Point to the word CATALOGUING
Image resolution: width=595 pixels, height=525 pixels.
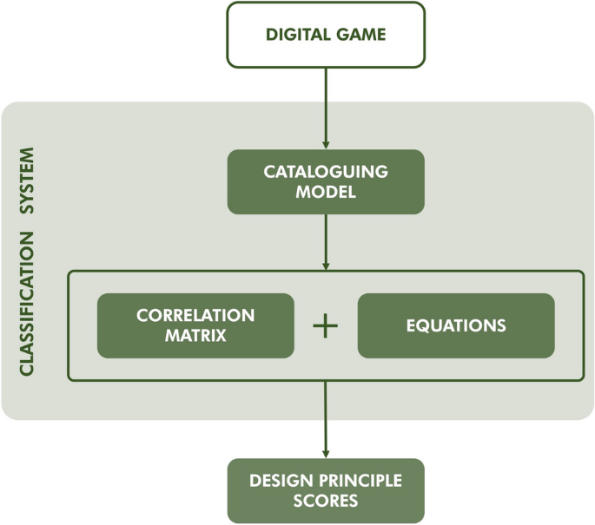326,172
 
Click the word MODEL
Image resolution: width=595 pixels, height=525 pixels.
326,193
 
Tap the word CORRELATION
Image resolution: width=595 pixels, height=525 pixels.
195,315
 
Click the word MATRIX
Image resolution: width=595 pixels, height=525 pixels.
195,336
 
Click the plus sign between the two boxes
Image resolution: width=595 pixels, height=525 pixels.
325,326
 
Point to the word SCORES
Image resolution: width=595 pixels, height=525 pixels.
326,502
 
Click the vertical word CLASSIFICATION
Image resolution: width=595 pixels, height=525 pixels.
27,303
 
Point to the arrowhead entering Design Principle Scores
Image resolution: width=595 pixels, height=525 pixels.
326,452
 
